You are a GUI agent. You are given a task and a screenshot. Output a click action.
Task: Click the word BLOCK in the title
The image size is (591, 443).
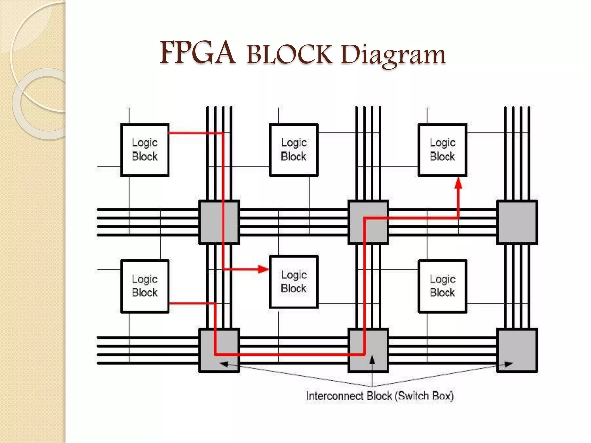tap(289, 55)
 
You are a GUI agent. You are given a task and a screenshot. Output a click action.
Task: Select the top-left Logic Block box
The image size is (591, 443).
tap(145, 150)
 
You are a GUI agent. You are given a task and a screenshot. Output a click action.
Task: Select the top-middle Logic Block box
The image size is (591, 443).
tap(294, 150)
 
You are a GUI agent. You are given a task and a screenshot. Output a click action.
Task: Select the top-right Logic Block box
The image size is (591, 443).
tap(442, 150)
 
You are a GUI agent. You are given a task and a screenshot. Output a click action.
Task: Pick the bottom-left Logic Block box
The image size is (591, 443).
tap(145, 286)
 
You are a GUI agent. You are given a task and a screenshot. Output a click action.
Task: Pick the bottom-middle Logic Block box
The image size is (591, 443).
tap(294, 282)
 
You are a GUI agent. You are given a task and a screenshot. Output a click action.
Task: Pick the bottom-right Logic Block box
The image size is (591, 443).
tap(442, 286)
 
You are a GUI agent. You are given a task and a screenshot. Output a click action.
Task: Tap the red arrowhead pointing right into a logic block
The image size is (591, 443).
tap(263, 269)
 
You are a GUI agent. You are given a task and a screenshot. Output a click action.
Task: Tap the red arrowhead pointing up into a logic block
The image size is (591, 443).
tap(458, 184)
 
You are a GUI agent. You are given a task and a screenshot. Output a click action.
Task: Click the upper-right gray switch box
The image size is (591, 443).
tap(517, 222)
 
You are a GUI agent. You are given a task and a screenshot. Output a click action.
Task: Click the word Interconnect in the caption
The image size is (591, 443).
tap(335, 396)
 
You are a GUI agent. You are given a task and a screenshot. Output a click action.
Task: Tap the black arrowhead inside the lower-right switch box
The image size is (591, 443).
tap(509, 364)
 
